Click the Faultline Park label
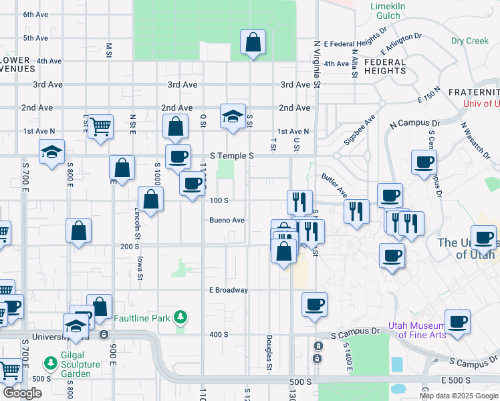142,319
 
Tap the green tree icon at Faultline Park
180,316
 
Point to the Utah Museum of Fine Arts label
422,329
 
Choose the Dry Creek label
470,41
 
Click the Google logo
22,393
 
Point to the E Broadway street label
229,290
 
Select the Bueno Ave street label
227,220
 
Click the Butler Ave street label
334,185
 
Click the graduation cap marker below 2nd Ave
233,118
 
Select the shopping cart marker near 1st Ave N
100,127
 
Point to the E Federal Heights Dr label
356,38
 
